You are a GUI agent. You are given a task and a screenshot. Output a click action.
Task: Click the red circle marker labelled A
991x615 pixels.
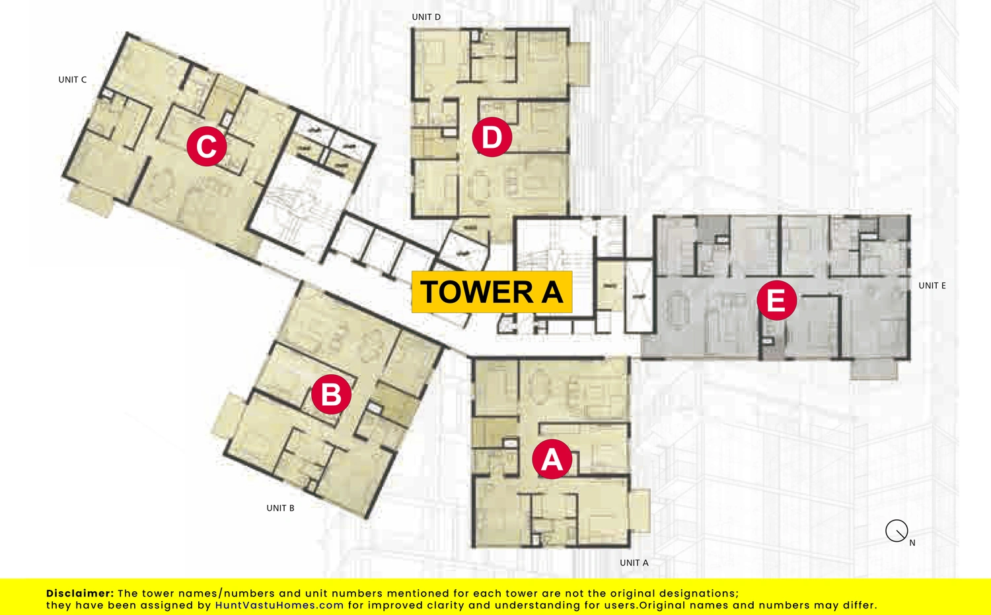point(552,459)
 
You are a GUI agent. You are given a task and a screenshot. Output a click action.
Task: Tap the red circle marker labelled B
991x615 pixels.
point(332,394)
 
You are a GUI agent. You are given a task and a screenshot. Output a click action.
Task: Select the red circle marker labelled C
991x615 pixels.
point(207,146)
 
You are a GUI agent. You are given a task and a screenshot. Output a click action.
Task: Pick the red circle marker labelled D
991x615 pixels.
point(492,137)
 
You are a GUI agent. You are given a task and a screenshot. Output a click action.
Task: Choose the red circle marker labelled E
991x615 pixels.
point(777,300)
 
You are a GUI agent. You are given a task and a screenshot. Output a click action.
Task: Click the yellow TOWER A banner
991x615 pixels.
point(492,292)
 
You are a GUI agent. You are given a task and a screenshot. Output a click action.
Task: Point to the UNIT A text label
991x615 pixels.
point(634,563)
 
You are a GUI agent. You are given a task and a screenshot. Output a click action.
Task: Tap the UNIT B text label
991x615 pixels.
point(281,508)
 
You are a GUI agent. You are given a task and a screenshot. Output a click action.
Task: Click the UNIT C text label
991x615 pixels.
point(73,80)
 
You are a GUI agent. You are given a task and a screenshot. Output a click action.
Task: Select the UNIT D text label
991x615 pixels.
point(427,16)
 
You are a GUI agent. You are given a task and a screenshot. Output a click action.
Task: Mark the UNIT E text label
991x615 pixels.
point(932,286)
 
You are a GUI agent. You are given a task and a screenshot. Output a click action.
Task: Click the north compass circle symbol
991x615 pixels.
point(897,531)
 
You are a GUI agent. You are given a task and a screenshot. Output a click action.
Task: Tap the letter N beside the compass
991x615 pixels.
point(912,543)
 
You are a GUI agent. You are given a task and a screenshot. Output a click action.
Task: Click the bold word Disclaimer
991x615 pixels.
point(80,593)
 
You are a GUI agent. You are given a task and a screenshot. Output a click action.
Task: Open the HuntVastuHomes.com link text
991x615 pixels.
point(279,605)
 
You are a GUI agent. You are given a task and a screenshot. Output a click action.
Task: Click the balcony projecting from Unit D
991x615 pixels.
point(579,63)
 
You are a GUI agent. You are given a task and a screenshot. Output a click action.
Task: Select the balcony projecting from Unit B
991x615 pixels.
point(229,416)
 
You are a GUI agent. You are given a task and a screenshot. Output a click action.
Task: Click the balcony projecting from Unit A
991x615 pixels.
point(640,510)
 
